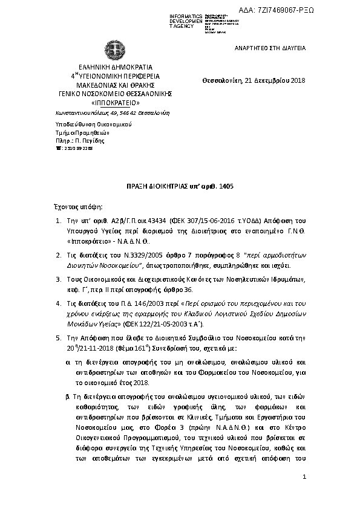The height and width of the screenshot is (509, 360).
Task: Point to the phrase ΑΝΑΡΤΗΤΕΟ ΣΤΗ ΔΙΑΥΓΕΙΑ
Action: [270, 47]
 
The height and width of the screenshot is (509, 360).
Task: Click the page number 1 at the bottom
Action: [305, 478]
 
